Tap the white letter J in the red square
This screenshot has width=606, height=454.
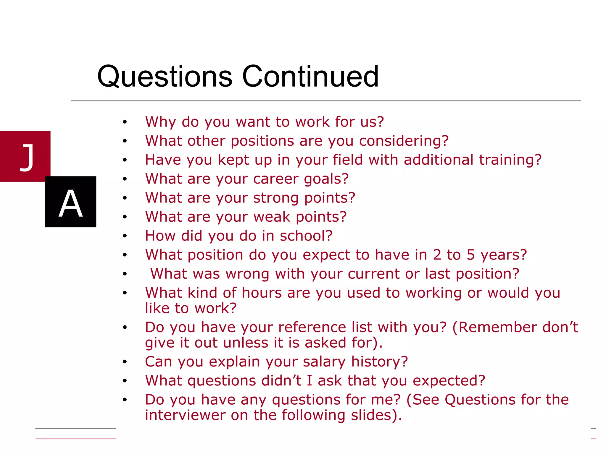coord(27,157)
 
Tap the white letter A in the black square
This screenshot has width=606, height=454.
coord(70,203)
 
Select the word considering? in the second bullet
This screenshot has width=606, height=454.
coord(404,141)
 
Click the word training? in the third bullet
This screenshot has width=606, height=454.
coord(510,160)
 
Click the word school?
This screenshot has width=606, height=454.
coord(306,236)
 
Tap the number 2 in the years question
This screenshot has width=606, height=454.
coord(437,255)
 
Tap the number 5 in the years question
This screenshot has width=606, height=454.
coord(471,255)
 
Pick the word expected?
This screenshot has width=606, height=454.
coord(449,381)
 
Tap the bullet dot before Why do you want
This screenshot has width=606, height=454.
coord(125,122)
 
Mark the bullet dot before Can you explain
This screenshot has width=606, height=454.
coord(125,362)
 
